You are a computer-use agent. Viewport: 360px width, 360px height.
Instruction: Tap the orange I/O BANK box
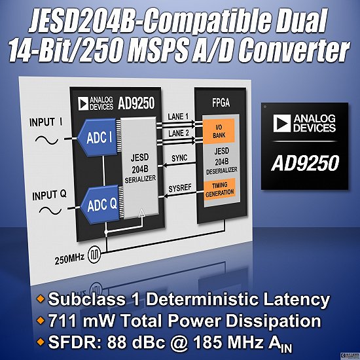pos(219,131)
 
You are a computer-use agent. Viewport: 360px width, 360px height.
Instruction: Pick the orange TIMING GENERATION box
pos(220,189)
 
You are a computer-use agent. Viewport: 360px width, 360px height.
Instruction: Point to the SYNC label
pos(179,158)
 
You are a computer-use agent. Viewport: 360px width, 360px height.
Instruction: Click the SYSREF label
pos(180,189)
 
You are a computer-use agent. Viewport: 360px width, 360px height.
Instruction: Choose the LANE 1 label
pos(178,117)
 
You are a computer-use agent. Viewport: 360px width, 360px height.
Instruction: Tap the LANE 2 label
pos(179,134)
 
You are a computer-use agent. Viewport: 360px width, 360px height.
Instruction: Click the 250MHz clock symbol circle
pos(94,253)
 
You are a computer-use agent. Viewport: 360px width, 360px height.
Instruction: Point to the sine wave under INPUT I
pos(46,140)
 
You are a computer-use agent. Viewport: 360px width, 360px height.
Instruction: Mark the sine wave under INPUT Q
pos(50,210)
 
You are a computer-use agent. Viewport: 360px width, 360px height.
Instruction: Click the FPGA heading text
pos(221,103)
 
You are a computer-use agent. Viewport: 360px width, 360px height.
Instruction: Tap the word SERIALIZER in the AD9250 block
pos(140,179)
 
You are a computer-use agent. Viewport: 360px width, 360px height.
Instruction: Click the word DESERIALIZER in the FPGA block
pos(221,171)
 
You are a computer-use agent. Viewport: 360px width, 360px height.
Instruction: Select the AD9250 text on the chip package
pos(305,163)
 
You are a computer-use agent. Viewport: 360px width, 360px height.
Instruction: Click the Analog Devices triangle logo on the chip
pos(281,124)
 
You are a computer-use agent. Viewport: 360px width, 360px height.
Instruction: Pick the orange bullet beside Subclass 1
pos(41,298)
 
